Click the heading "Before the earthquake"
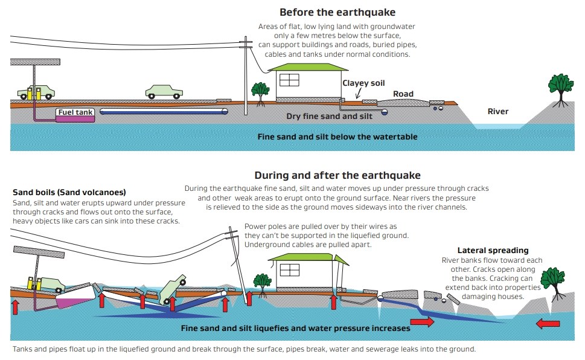point(337,12)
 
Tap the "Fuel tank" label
point(75,112)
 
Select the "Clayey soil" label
point(363,83)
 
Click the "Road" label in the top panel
point(403,94)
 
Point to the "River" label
point(497,111)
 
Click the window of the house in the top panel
point(289,80)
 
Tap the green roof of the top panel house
point(308,67)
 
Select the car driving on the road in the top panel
point(164,92)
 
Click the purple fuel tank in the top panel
point(75,119)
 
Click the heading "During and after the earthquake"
point(337,175)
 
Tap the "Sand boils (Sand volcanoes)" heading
point(69,192)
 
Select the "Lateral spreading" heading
point(493,250)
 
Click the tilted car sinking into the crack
point(173,289)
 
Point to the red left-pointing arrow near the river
point(548,323)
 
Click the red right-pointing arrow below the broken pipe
point(422,321)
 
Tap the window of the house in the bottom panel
point(290,270)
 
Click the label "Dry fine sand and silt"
point(329,116)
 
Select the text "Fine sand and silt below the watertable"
point(337,137)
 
